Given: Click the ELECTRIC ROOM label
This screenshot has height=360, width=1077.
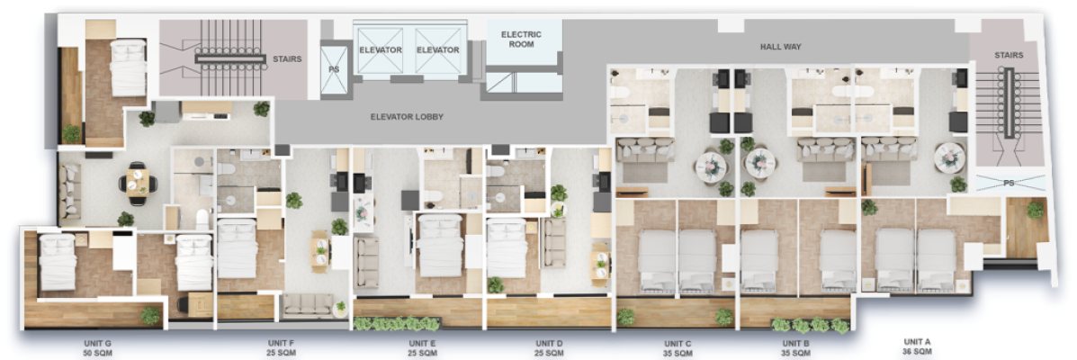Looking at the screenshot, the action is click(x=521, y=39).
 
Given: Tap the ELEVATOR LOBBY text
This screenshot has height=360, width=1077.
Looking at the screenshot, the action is click(x=407, y=117).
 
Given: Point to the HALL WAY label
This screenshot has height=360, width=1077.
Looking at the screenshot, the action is click(x=780, y=47).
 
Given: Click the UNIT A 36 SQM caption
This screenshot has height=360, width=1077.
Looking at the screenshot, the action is click(x=918, y=346).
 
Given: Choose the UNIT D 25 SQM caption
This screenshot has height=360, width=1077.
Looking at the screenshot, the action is click(x=549, y=347).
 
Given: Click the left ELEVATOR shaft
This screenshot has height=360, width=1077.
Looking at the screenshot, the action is click(x=380, y=49).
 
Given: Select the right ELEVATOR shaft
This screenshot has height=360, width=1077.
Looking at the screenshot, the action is click(x=438, y=49).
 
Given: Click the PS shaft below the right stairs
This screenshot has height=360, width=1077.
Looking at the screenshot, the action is click(x=1009, y=183).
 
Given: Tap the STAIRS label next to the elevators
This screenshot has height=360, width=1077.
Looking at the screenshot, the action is click(x=287, y=59).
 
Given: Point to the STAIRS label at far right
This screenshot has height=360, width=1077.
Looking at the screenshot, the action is click(x=1009, y=55).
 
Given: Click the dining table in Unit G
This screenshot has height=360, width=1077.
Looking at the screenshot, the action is click(x=138, y=183).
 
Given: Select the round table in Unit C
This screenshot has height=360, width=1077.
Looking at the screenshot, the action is click(x=710, y=165).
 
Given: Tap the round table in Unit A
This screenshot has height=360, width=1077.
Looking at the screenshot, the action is click(x=949, y=157).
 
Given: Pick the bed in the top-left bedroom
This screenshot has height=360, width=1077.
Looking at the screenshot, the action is click(x=129, y=67).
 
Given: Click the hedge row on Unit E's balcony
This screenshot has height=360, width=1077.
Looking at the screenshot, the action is click(x=396, y=324).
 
